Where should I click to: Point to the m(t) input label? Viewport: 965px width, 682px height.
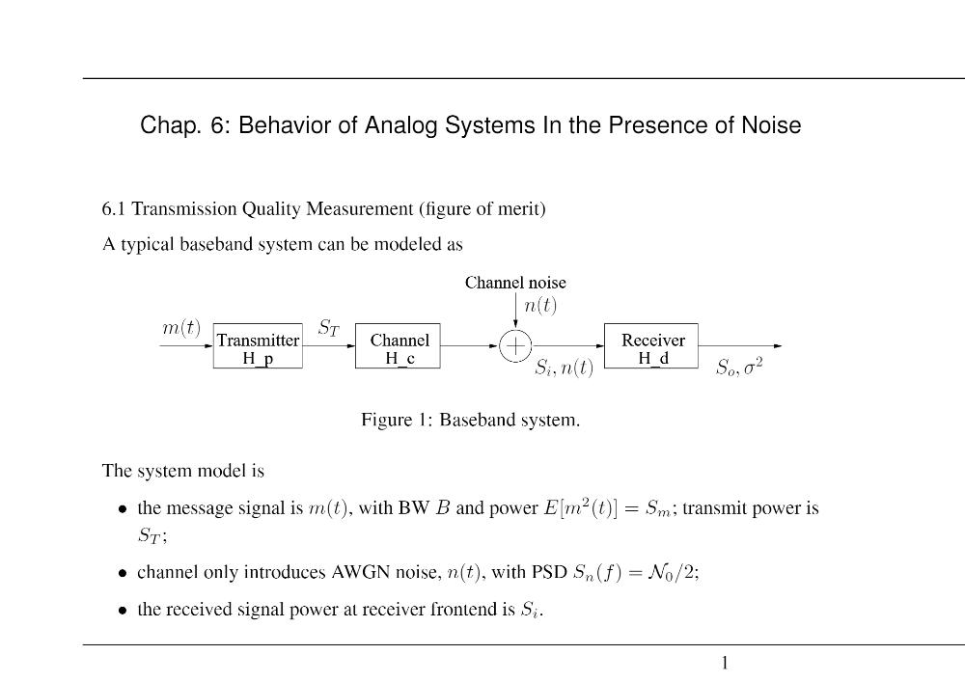point(181,328)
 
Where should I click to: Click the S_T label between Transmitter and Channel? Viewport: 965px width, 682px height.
point(329,328)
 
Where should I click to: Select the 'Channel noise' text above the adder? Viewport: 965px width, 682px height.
point(515,283)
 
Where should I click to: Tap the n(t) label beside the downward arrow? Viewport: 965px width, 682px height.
point(540,306)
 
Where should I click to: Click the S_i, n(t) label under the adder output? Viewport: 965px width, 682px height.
point(565,368)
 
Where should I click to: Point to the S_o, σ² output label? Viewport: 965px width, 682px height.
point(739,368)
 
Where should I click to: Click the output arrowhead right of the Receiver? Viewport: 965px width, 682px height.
point(778,346)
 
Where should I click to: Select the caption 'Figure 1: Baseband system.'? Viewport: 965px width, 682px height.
point(470,420)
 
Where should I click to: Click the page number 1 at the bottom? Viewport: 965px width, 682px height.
point(725,663)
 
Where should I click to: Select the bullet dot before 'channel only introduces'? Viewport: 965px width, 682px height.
point(124,574)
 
